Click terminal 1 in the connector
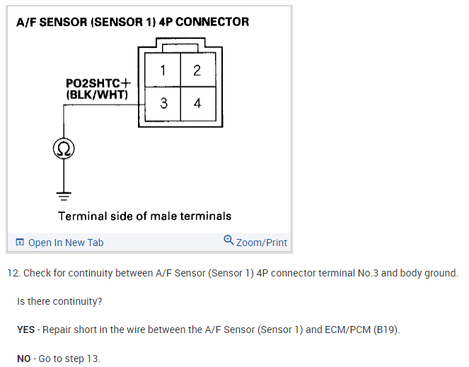[163, 70]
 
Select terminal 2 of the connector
[197, 70]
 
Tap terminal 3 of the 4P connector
[163, 103]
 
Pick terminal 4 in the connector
[197, 103]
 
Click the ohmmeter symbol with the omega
[64, 148]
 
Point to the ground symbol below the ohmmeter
[64, 193]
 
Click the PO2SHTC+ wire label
[98, 83]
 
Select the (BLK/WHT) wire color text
[96, 94]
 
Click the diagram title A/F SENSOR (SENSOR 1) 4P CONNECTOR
[132, 22]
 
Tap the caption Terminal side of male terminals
[144, 216]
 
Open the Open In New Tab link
[66, 243]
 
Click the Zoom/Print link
[262, 243]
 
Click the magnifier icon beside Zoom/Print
[228, 240]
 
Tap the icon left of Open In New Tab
[20, 243]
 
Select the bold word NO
[24, 359]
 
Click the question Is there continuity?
[59, 301]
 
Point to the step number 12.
[13, 273]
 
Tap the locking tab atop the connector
[180, 48]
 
